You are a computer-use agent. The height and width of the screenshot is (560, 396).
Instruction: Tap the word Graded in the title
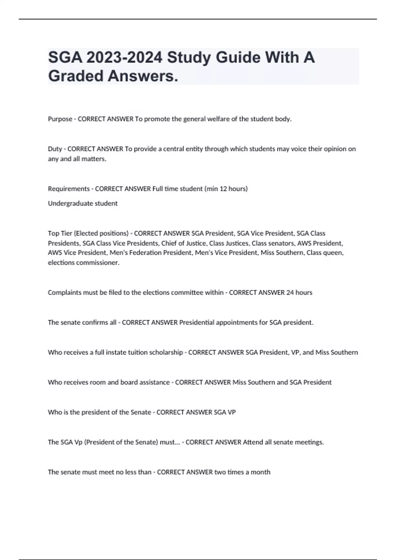pyautogui.click(x=76, y=76)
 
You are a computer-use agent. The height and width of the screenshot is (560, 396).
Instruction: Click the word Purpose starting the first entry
pyautogui.click(x=60, y=119)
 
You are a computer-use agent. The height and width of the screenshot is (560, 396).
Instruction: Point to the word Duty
pyautogui.click(x=55, y=149)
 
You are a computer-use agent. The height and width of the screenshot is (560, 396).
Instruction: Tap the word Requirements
pyautogui.click(x=69, y=189)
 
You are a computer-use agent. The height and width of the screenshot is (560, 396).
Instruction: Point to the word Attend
pyautogui.click(x=253, y=442)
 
